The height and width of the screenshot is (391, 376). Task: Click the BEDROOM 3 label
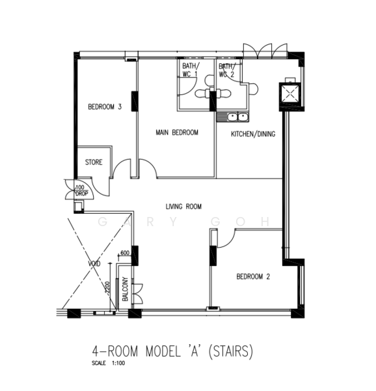point(105,107)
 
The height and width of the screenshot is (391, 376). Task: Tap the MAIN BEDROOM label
point(177,132)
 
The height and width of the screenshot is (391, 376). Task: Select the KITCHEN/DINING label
point(253,134)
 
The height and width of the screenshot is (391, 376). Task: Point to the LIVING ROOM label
point(183,207)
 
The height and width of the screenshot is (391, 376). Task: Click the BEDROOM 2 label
point(253,276)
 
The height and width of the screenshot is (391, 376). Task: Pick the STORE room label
point(94,162)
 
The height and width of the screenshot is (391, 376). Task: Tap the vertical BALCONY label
point(125,289)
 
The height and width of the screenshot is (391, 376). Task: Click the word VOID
point(94,263)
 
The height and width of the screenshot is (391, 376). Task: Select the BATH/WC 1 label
point(191,70)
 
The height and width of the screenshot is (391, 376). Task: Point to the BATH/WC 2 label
point(227,70)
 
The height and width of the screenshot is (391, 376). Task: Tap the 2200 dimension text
point(107,289)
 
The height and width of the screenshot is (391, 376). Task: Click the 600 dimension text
point(125,253)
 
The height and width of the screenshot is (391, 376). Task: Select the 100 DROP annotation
point(81,190)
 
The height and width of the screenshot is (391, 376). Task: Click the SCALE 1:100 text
point(108,363)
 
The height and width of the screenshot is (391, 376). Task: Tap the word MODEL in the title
point(163,351)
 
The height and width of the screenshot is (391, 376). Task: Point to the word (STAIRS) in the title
point(230,351)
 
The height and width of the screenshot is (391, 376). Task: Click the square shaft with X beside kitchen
point(290,94)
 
